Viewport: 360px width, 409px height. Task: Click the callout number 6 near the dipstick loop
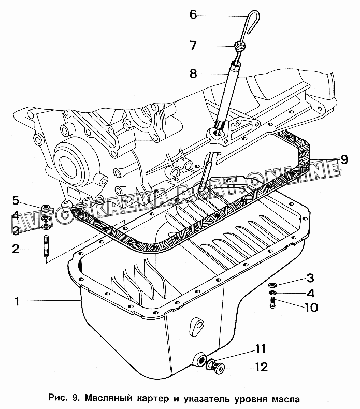(193, 14)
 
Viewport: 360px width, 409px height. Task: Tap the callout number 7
(193, 46)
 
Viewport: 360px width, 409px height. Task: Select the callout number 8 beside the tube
(193, 74)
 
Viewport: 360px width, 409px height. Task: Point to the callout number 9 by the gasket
(344, 159)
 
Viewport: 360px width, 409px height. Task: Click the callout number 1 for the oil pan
(17, 302)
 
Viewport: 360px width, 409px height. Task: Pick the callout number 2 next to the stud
(16, 249)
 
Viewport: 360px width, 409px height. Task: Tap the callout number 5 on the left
(16, 201)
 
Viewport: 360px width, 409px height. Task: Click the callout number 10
(311, 308)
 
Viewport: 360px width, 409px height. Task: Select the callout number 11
(260, 349)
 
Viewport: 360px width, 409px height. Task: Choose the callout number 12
(261, 367)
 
